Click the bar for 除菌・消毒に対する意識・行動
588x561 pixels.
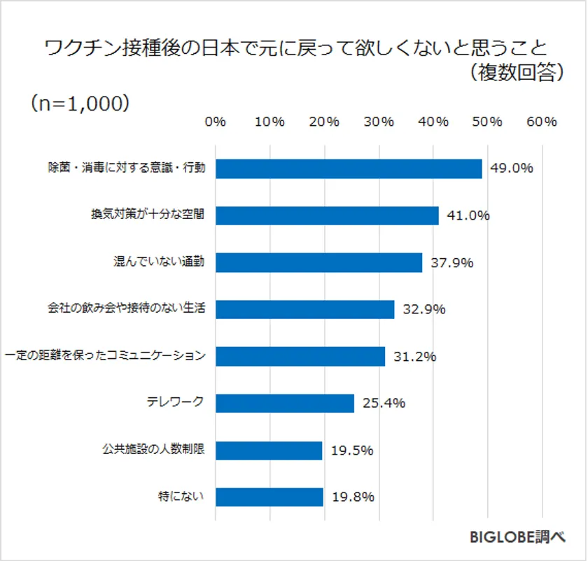pos(349,169)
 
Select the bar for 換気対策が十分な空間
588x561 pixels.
pos(327,215)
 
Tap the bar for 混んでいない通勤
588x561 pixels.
pos(318,262)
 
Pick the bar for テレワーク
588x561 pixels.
pos(284,403)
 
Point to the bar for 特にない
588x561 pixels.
pos(269,497)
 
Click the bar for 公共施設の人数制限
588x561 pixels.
pos(268,450)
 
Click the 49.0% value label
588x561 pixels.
pos(512,169)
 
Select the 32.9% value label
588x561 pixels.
pos(423,309)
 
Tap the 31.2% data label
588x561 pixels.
pos(414,356)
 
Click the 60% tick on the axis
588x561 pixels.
pos(541,122)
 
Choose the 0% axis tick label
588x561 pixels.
pos(216,122)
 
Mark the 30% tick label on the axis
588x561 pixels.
pos(379,122)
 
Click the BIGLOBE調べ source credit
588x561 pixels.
pos(517,537)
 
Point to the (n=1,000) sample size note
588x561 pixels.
pos(80,103)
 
